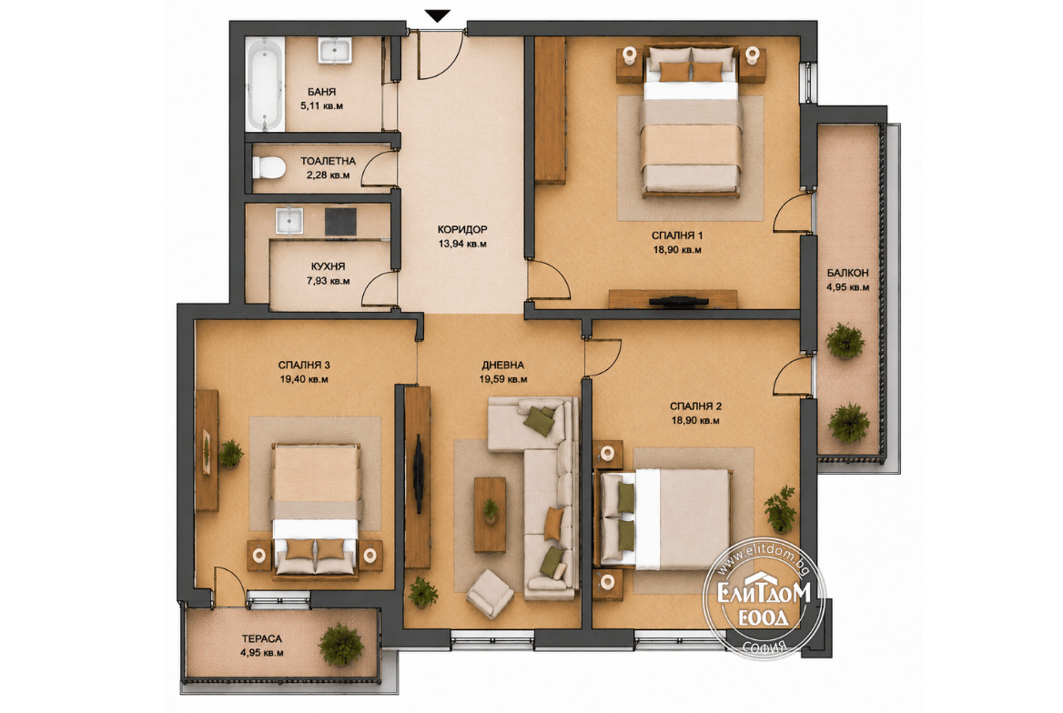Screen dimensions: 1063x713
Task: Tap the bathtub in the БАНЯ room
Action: click(265, 84)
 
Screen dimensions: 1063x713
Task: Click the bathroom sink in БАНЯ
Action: click(335, 51)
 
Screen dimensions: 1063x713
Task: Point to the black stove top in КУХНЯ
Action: click(340, 221)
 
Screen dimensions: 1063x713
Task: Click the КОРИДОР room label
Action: click(461, 230)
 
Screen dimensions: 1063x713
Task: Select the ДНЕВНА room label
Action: click(502, 365)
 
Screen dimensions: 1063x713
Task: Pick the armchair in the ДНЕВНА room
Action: click(490, 594)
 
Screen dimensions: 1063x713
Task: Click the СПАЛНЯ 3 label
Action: click(304, 365)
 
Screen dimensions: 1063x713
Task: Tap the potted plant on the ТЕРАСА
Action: click(341, 645)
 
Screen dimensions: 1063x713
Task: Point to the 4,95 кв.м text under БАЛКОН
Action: click(847, 286)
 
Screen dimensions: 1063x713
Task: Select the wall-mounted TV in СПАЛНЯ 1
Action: click(679, 302)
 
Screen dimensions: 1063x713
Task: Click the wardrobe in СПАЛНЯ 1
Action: click(551, 110)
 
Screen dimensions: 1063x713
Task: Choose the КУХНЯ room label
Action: click(329, 266)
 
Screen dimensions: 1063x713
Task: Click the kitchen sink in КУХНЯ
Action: click(289, 221)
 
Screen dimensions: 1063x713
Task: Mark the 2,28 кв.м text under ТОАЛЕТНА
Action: click(329, 175)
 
